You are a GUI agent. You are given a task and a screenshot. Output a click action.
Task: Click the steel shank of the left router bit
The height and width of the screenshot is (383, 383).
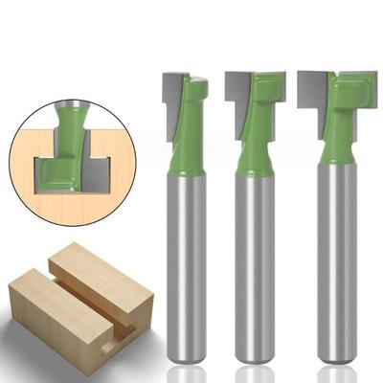pos(189,268)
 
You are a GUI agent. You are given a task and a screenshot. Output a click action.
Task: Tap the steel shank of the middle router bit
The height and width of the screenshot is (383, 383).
pos(254,268)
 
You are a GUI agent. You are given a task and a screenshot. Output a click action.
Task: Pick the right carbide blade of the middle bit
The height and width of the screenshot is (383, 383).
pos(277,84)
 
